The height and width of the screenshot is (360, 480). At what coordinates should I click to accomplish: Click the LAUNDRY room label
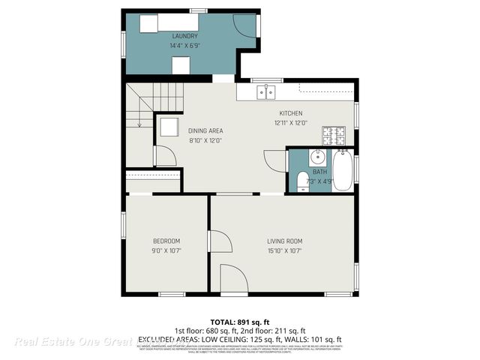(x=184, y=36)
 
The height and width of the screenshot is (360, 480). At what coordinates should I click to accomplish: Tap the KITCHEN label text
(x=291, y=113)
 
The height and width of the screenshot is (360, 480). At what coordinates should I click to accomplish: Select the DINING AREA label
(x=205, y=130)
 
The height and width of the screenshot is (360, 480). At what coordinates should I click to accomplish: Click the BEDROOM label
(x=166, y=241)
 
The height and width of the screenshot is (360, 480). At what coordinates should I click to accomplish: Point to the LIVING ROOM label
(x=284, y=241)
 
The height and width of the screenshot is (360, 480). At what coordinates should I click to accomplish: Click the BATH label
(x=320, y=172)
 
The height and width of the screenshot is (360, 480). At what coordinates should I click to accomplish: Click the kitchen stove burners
(x=334, y=136)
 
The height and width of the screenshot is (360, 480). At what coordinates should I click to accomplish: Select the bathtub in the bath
(x=343, y=170)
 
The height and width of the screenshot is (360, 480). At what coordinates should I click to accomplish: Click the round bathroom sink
(x=317, y=157)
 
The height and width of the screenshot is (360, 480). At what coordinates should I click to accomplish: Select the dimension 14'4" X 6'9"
(x=184, y=45)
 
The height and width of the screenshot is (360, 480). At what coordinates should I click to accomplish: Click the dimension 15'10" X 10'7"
(x=284, y=250)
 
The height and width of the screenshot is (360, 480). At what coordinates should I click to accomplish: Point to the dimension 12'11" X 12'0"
(x=291, y=123)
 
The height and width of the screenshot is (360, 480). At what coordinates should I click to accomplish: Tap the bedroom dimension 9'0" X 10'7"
(x=166, y=250)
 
